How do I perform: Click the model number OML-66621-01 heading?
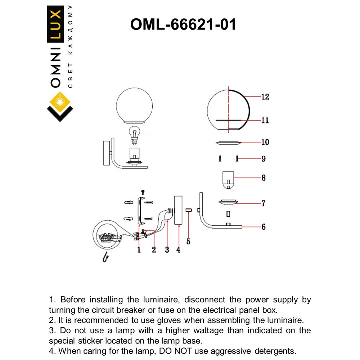(x=183, y=24)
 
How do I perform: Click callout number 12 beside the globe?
(x=265, y=97)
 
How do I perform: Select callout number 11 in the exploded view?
(x=265, y=120)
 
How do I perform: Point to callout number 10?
(x=265, y=143)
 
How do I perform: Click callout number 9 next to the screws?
(x=264, y=159)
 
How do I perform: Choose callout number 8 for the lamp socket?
(x=264, y=178)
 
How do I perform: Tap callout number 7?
(x=264, y=203)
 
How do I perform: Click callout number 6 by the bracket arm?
(x=264, y=227)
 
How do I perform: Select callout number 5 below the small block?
(x=188, y=242)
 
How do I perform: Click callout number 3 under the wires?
(x=167, y=250)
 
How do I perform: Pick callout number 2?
(x=154, y=250)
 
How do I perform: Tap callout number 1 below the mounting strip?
(x=139, y=250)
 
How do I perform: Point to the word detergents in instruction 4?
(x=276, y=350)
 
